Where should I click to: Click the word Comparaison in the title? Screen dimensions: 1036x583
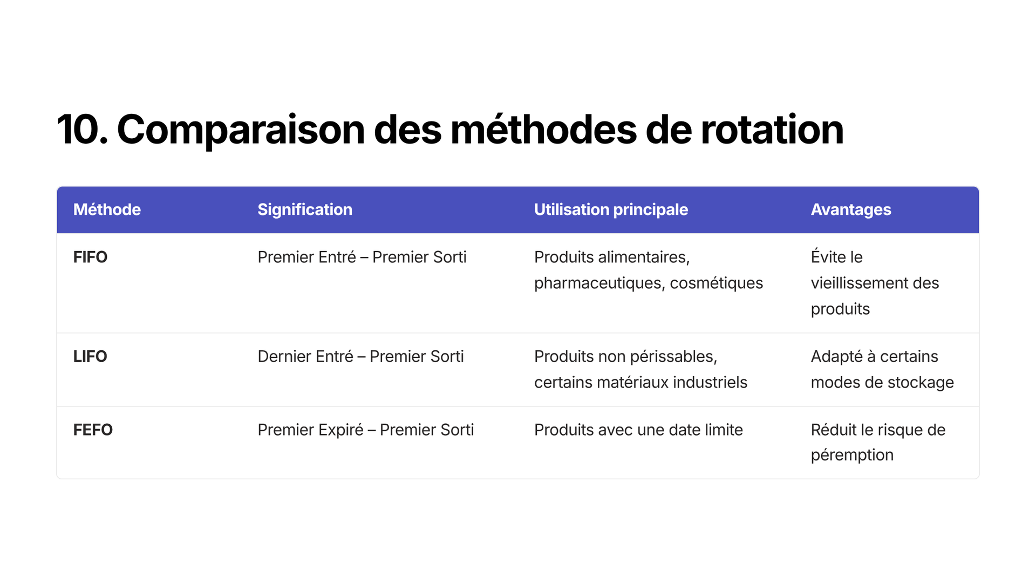tap(241, 131)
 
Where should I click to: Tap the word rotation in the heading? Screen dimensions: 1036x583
tap(772, 130)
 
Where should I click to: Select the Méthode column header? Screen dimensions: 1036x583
tap(107, 209)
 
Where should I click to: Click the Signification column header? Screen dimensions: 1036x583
tap(305, 210)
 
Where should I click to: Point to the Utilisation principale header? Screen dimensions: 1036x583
tap(611, 210)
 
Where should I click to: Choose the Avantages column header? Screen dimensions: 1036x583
tap(851, 210)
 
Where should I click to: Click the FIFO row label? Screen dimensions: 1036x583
tap(90, 257)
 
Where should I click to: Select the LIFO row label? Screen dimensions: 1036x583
tap(90, 356)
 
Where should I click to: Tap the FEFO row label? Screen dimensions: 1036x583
tap(93, 430)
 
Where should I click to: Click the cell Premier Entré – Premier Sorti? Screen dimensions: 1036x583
tap(362, 257)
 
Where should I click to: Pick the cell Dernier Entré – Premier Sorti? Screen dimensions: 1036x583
tap(360, 356)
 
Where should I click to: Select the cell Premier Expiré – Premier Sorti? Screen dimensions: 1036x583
tap(366, 430)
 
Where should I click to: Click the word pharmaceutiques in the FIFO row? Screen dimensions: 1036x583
tap(599, 283)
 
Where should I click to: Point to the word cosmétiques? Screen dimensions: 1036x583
tap(717, 283)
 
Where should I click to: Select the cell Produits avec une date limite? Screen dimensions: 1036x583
tap(638, 430)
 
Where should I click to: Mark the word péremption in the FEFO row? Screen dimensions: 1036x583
tap(852, 455)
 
